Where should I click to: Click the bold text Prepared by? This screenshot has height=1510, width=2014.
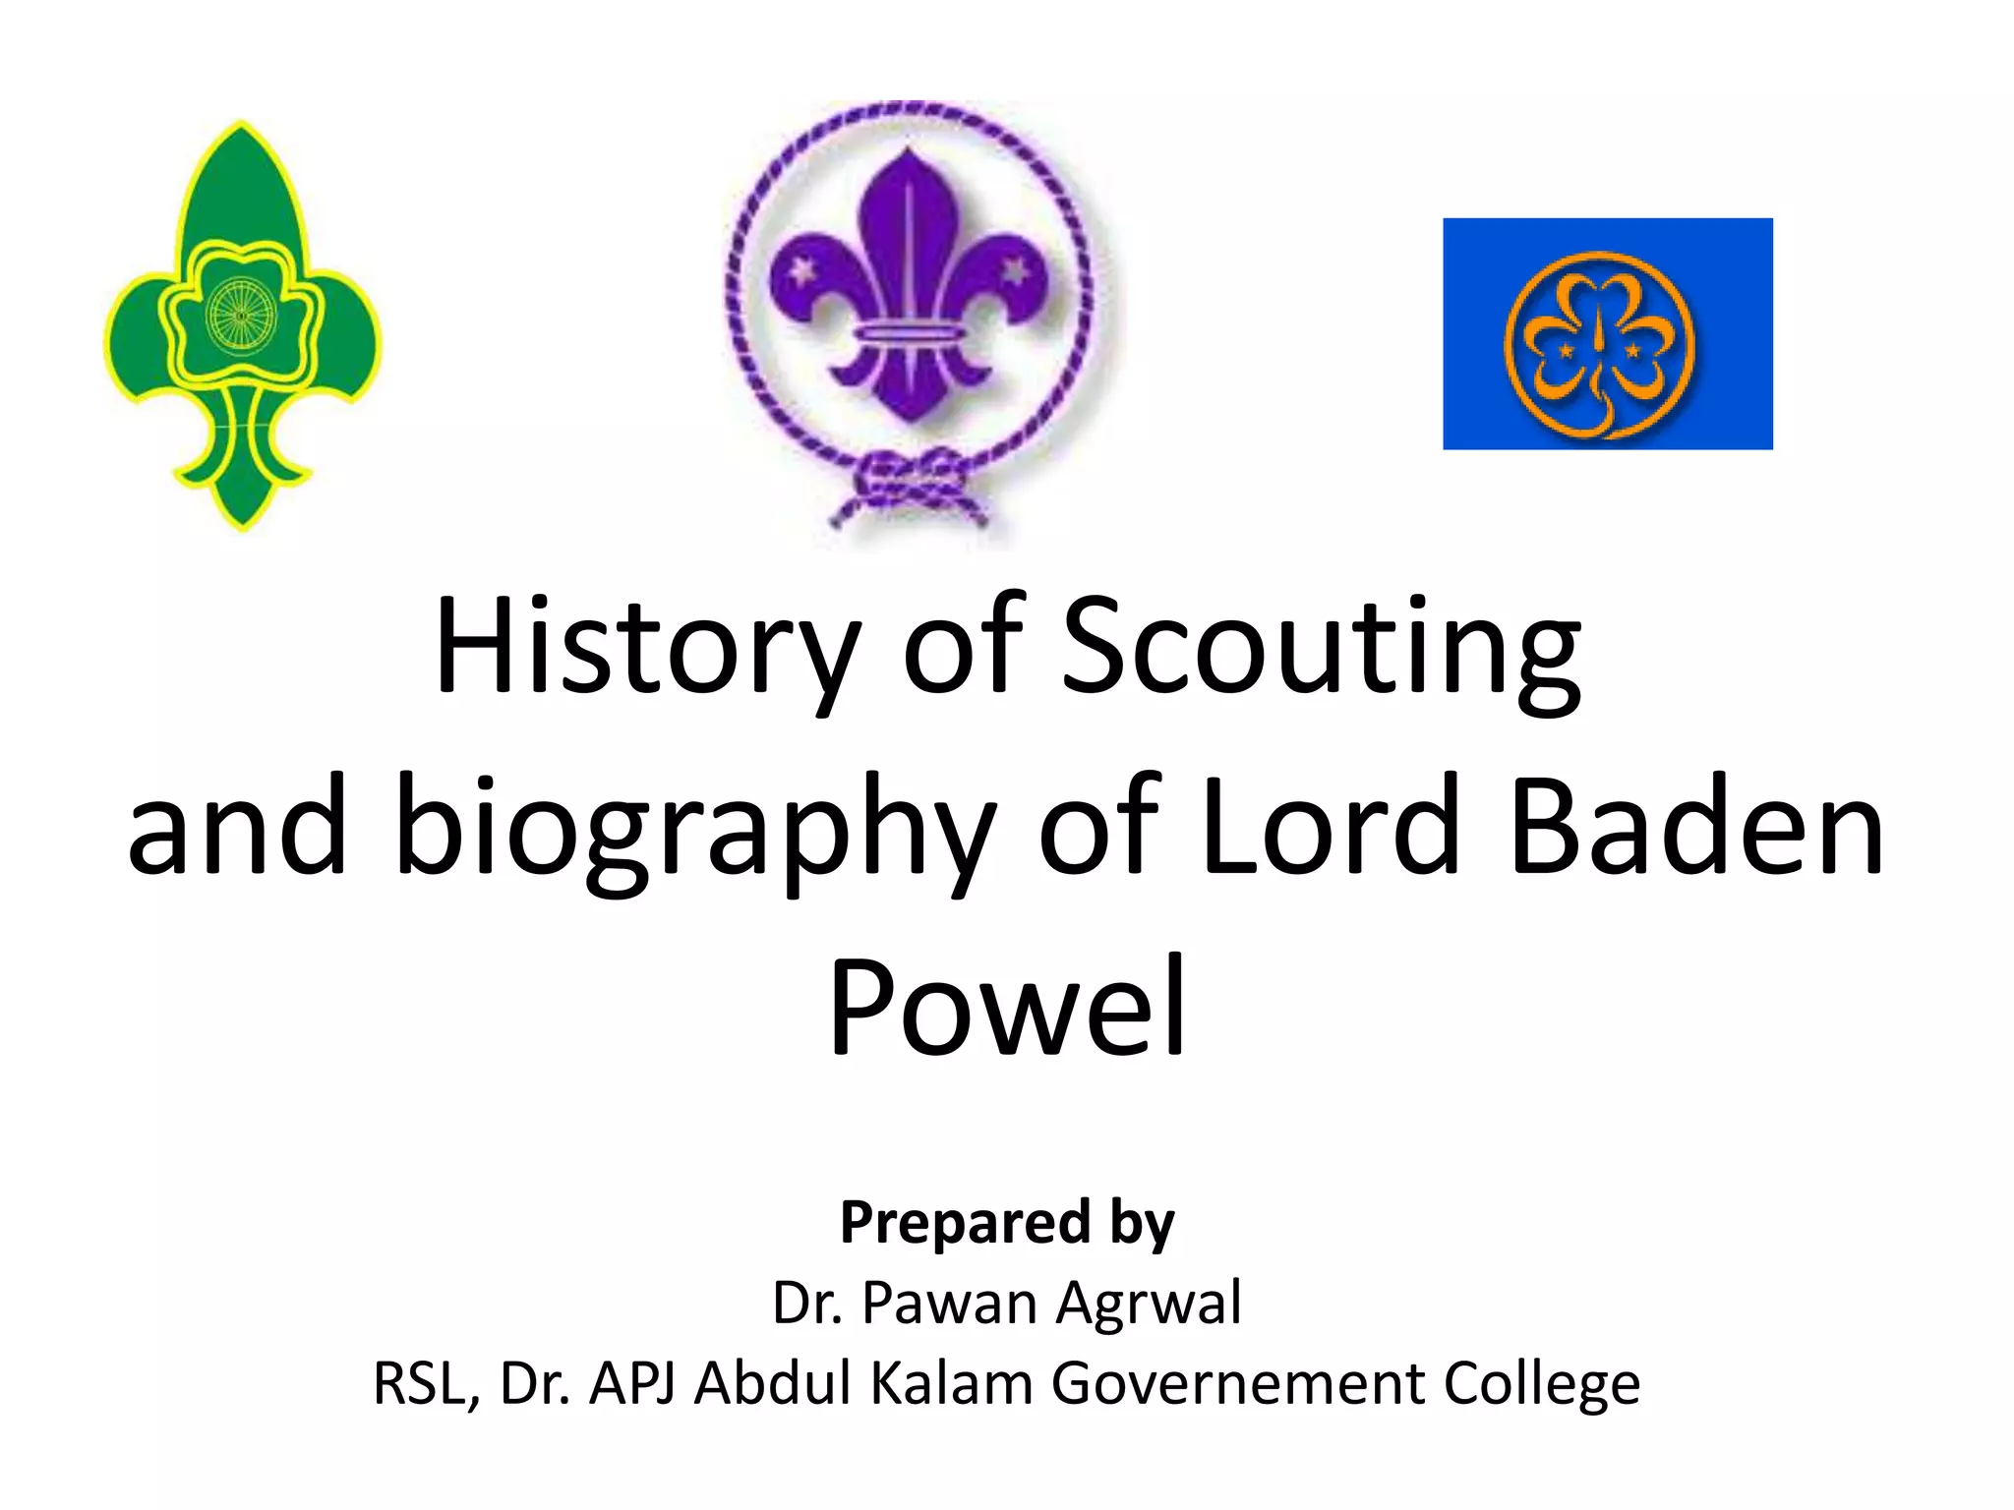tap(1007, 1222)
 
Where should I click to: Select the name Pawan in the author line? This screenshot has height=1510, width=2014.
tap(950, 1304)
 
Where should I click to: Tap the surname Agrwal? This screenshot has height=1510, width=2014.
tap(1150, 1304)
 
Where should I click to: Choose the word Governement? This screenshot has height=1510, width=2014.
tap(1238, 1383)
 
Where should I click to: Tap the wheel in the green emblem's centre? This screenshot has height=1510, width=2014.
tap(239, 316)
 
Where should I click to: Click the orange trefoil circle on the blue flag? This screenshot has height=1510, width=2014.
tap(1599, 343)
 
